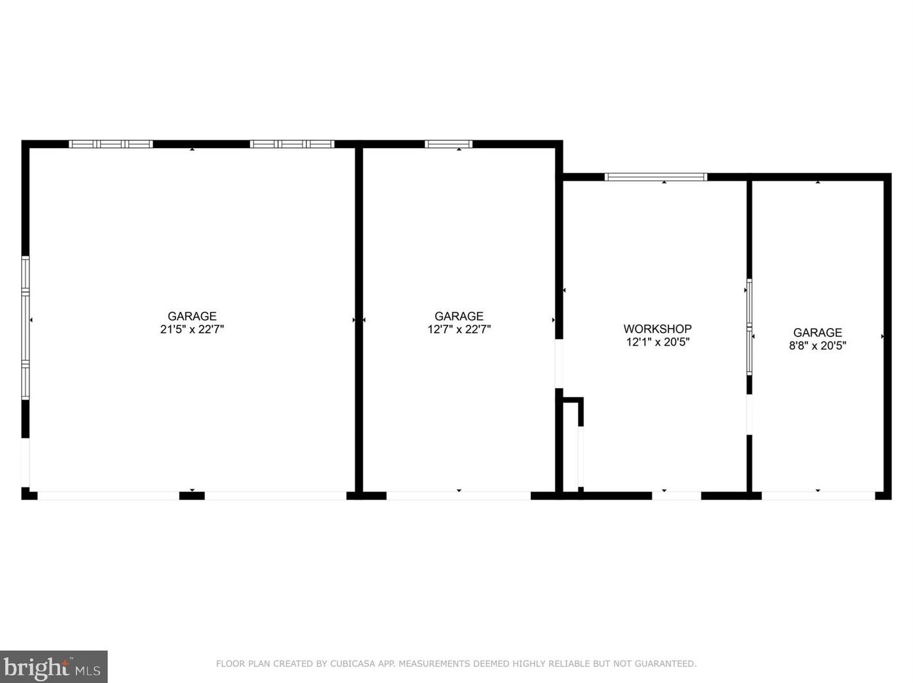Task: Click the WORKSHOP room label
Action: coord(658,329)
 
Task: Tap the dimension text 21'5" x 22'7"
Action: coord(192,329)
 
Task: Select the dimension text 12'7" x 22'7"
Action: coord(459,329)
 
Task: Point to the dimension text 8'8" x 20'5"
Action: coord(818,345)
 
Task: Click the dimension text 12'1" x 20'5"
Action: coord(658,342)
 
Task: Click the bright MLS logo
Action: coord(53,667)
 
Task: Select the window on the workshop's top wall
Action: coord(656,177)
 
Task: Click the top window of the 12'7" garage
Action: coord(448,144)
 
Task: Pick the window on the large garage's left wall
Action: coord(26,327)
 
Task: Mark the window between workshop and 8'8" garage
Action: coord(749,327)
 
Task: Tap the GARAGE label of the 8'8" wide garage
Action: coord(818,333)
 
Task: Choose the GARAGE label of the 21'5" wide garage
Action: coord(192,316)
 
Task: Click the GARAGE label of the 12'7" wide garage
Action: coord(459,316)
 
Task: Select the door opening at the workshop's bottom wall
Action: coord(676,495)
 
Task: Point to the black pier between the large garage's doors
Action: coord(191,495)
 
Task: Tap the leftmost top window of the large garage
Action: coord(111,144)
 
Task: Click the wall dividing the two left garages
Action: coord(359,320)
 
